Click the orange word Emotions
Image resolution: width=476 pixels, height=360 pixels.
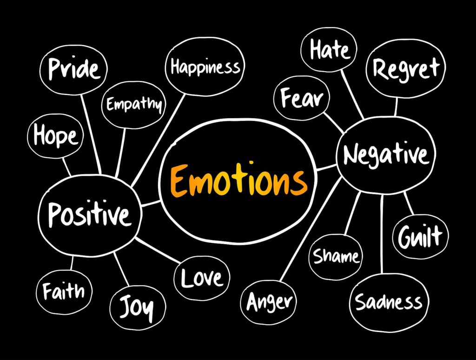tap(239, 180)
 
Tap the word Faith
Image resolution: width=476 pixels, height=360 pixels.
tap(63, 291)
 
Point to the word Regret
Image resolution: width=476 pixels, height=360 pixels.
tap(406, 69)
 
